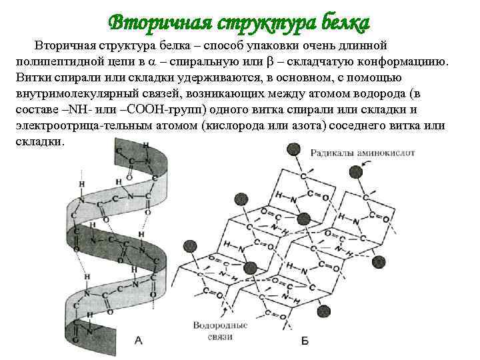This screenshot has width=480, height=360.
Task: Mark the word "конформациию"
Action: [407, 62]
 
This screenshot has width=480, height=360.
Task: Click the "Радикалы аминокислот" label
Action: [363, 153]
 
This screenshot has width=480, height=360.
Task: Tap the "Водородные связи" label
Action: [219, 332]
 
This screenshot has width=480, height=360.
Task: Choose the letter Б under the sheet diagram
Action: [305, 341]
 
